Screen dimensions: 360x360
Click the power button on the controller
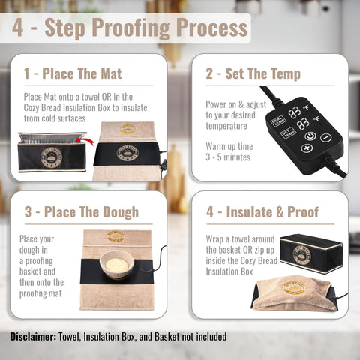[309, 136]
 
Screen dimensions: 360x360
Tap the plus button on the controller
[306, 148]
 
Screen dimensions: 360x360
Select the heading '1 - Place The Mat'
[72, 73]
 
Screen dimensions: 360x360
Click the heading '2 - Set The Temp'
[253, 73]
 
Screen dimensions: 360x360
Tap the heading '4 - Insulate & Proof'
[262, 211]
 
